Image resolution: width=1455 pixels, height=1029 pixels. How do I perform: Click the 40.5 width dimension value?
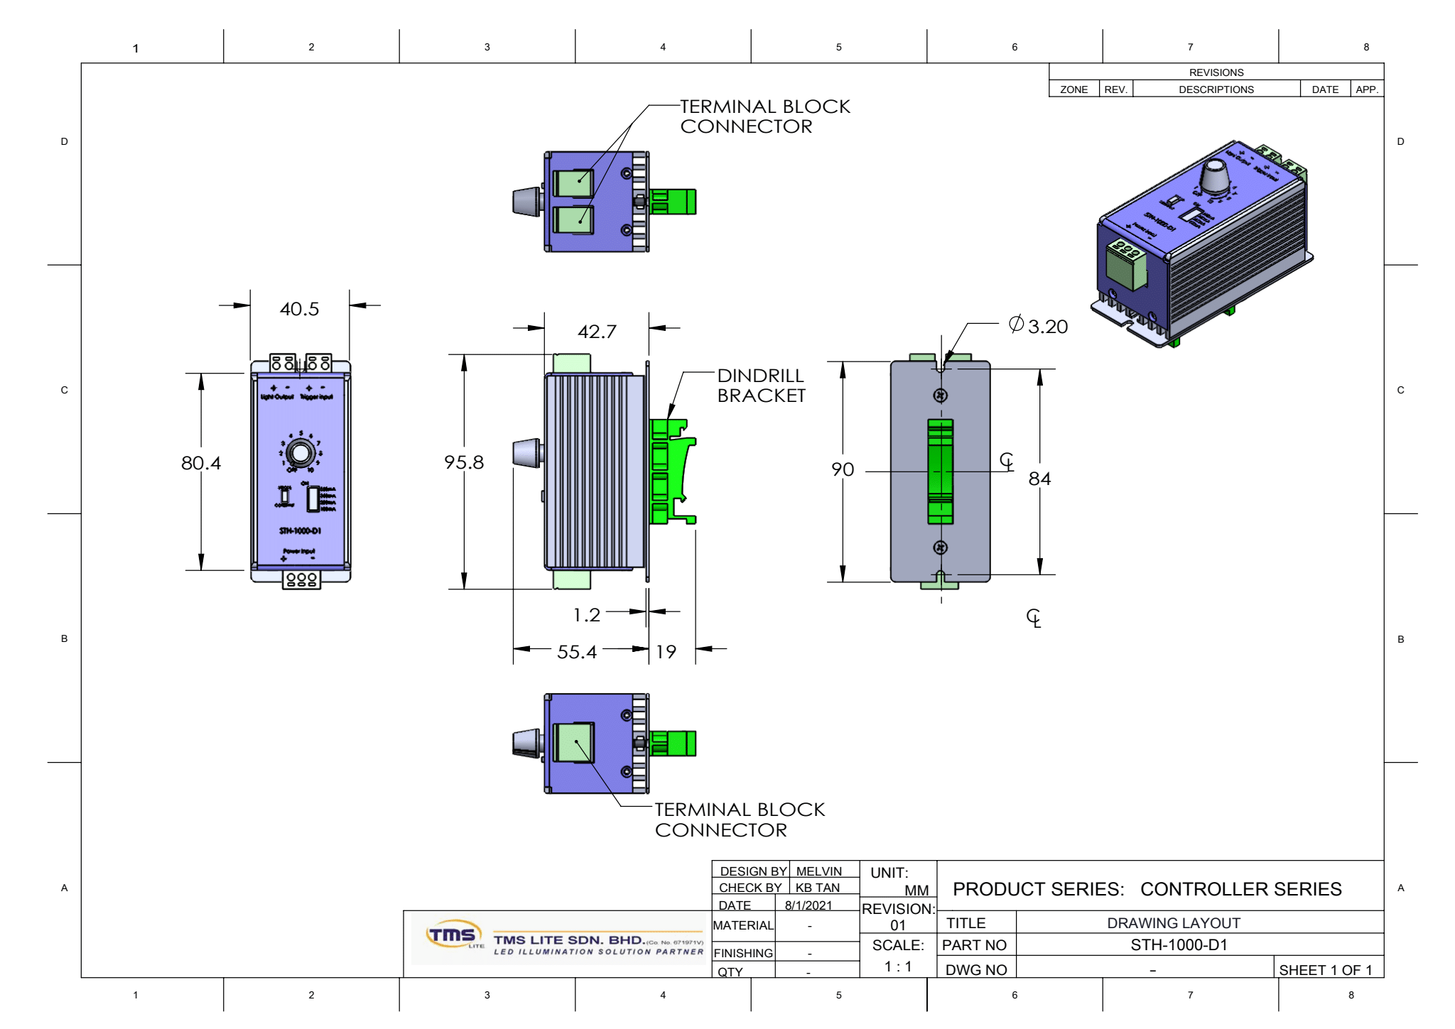point(299,309)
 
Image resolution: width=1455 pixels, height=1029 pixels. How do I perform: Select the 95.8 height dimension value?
point(463,462)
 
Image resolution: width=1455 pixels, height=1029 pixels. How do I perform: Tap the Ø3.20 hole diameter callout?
point(1039,326)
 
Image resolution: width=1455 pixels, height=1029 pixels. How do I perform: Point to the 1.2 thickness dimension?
point(587,614)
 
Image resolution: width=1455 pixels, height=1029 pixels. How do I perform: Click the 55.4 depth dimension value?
point(576,651)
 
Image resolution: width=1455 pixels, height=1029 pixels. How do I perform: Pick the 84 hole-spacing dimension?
point(1039,479)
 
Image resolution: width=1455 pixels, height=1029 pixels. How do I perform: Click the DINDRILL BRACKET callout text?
point(761,386)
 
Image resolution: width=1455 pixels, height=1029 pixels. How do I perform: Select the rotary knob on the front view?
point(301,452)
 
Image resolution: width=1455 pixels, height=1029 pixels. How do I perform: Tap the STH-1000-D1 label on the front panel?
point(300,530)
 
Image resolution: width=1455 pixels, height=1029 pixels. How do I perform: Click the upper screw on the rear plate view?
point(940,396)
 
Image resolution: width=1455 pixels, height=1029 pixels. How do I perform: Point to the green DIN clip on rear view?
point(940,471)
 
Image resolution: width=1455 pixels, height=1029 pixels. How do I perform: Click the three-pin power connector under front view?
point(301,579)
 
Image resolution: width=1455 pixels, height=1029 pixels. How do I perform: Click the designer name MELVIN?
point(818,871)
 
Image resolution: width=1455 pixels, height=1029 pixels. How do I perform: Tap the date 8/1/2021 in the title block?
point(808,905)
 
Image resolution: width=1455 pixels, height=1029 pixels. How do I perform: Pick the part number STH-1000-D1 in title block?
point(1179,945)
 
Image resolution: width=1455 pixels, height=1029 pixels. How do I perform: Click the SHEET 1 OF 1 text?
point(1325,970)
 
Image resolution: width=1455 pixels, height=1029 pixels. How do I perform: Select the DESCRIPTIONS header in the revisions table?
point(1216,89)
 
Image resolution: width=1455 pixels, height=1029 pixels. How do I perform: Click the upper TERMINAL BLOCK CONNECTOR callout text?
point(764,116)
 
